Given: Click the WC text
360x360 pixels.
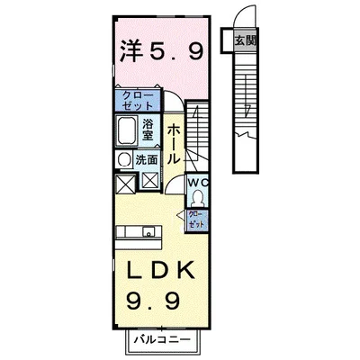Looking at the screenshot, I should coord(198,183).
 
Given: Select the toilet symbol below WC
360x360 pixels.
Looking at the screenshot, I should coord(199,198).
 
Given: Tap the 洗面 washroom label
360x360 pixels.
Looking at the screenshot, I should coord(147,158).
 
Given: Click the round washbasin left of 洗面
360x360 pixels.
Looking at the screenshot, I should coord(124,158).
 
